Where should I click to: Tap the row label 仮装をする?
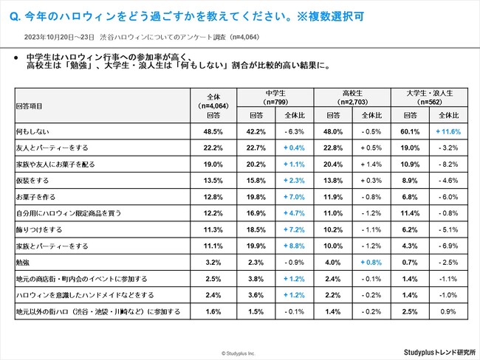(x=34, y=179)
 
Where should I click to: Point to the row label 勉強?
(x=24, y=262)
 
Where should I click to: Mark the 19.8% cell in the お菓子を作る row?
(x=256, y=195)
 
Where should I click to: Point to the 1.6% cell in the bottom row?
(x=213, y=311)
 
